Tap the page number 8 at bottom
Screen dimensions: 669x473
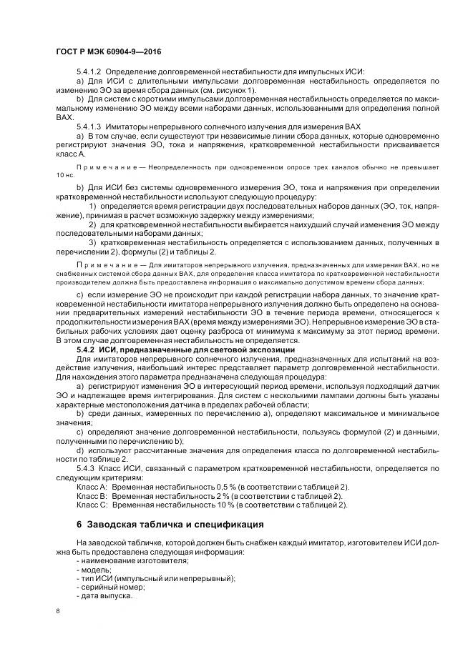coord(58,611)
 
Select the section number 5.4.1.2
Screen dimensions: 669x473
coord(89,72)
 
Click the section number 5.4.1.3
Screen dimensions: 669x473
coord(89,126)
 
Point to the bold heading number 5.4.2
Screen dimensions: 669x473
coord(85,350)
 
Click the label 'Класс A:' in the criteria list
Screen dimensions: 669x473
coord(92,486)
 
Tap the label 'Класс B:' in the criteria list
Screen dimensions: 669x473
coord(92,495)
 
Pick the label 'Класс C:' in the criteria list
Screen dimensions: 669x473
coord(92,505)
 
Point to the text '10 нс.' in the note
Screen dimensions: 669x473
coord(65,174)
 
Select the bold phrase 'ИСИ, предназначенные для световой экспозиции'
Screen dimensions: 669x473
coord(195,350)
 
